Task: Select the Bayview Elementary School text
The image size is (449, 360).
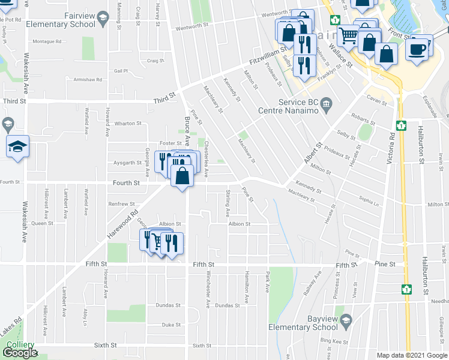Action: coord(298,323)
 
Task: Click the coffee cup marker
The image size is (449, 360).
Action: coord(417,49)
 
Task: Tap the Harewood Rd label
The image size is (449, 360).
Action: coord(125,220)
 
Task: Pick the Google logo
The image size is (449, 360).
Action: coord(20,353)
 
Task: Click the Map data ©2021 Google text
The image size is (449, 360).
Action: coord(412,355)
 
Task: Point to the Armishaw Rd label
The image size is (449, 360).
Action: coord(85,79)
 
